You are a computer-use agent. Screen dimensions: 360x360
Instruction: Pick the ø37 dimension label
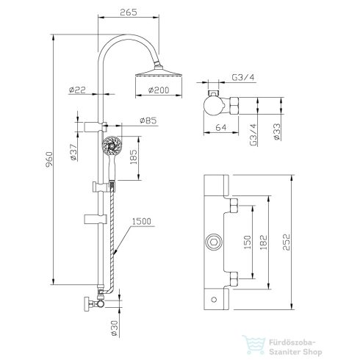coord(72,151)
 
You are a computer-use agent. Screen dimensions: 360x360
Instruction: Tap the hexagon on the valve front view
coord(214,241)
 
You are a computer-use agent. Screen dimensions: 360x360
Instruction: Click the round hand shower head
coord(111,145)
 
